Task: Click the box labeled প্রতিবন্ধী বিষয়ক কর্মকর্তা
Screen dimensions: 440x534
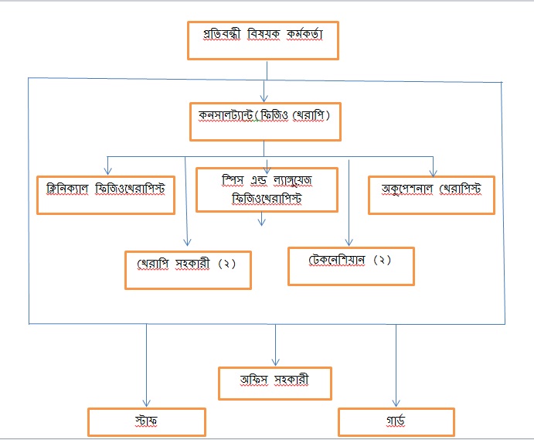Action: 263,40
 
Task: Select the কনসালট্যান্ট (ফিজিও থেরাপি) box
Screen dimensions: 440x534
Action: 264,121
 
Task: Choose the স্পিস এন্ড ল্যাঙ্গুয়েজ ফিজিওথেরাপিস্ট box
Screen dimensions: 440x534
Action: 267,189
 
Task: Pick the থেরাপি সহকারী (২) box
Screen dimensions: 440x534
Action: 188,268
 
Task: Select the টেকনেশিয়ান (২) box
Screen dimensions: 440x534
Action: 351,265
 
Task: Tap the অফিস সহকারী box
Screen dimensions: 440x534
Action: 275,383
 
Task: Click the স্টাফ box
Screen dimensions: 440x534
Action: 146,422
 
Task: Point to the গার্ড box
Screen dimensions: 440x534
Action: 396,422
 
